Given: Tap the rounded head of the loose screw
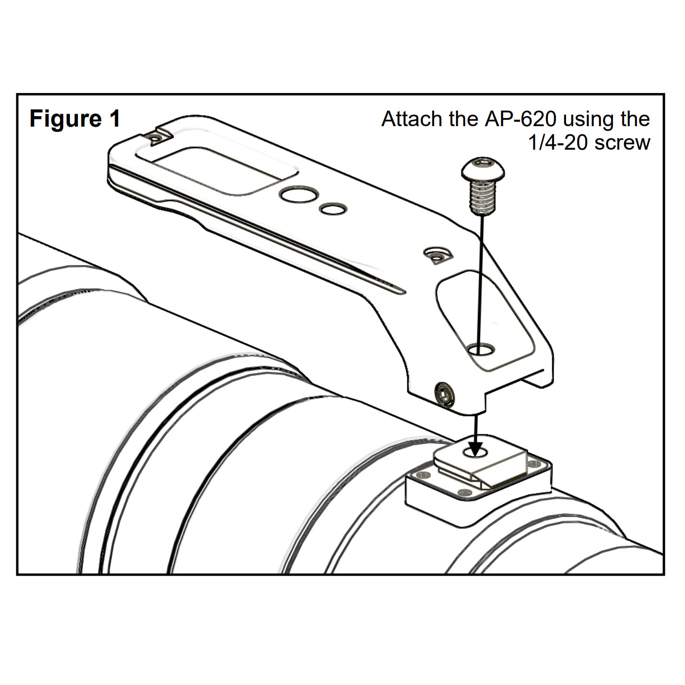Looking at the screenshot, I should [x=483, y=168].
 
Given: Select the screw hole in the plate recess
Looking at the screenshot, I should [x=481, y=349].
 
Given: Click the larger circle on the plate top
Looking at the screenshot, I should [x=298, y=194].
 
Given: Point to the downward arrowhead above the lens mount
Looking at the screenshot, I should [x=475, y=450].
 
